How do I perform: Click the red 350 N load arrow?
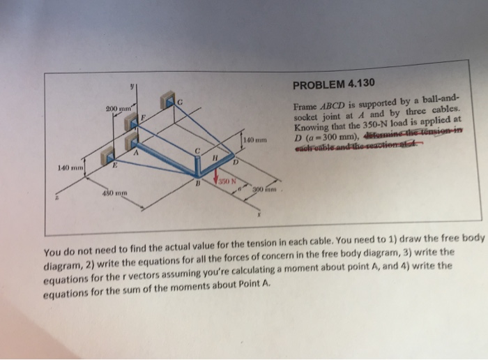217,183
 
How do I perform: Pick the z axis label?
58,200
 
